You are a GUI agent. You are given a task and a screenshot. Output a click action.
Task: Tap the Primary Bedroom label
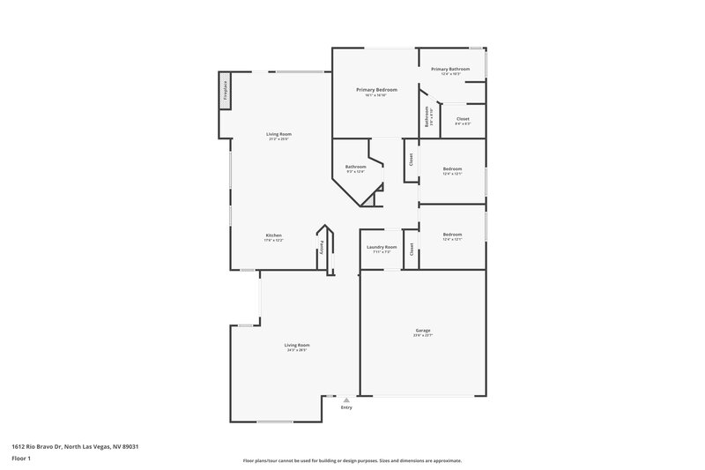point(376,90)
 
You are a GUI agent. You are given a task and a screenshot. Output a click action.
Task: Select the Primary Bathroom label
point(450,69)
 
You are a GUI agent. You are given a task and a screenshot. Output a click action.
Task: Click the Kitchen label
point(274,235)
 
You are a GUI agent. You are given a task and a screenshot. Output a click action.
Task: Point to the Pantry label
point(323,249)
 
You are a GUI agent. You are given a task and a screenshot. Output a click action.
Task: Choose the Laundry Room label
point(382,247)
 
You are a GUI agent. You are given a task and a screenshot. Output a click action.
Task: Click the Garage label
point(423,331)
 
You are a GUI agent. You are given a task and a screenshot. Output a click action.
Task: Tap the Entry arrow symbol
point(346,399)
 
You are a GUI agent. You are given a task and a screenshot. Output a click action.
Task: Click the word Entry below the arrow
point(346,407)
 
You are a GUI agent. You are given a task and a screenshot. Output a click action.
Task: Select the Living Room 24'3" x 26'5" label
point(297,345)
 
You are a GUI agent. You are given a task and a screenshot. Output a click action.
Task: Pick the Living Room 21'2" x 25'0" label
point(279,134)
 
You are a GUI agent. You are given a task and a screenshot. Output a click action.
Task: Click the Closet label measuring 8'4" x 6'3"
point(463,118)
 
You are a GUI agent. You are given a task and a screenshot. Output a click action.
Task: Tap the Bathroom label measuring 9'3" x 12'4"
point(355,167)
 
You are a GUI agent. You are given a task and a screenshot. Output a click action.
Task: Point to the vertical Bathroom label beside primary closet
point(427,116)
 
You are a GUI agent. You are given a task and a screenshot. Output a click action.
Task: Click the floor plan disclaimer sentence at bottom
point(352,460)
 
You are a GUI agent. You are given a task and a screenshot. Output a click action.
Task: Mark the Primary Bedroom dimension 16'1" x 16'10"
point(376,96)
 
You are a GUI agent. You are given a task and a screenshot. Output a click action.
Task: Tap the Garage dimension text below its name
point(423,336)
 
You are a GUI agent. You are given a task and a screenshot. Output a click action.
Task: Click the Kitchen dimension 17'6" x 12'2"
point(274,241)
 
